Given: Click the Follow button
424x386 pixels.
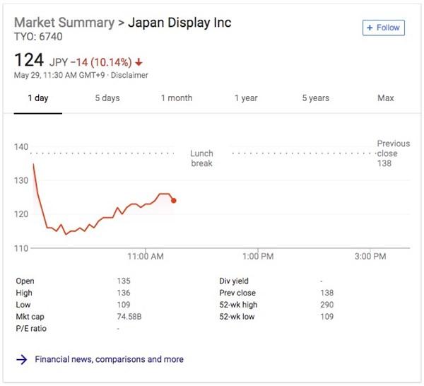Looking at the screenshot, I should (x=383, y=28).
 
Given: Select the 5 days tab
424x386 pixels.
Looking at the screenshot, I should (x=107, y=98).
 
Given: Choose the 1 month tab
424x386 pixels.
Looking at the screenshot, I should (x=177, y=98).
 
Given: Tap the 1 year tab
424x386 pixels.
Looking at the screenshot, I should (x=246, y=98).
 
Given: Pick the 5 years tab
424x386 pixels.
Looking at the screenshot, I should (x=315, y=98).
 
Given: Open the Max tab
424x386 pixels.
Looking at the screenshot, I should (x=385, y=98).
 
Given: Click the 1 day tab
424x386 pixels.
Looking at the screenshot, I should (x=38, y=98).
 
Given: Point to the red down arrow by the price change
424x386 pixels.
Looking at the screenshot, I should (x=139, y=61).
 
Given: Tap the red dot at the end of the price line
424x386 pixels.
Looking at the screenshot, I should (x=174, y=200).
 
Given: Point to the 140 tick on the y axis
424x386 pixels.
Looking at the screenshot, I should (x=21, y=147).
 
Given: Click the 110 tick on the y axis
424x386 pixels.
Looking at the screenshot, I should (x=21, y=248).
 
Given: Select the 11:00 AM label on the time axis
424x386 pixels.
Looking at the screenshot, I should (x=146, y=257).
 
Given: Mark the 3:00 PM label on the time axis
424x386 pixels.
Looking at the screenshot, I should (x=370, y=257).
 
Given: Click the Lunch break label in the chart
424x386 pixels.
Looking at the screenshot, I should (x=201, y=158).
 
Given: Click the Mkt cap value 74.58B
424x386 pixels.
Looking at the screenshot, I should (x=129, y=317).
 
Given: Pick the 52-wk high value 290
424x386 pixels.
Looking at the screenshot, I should (x=326, y=305).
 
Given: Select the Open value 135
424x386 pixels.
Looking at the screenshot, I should (x=124, y=281).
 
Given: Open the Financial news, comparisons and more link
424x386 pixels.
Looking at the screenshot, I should (x=109, y=359).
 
